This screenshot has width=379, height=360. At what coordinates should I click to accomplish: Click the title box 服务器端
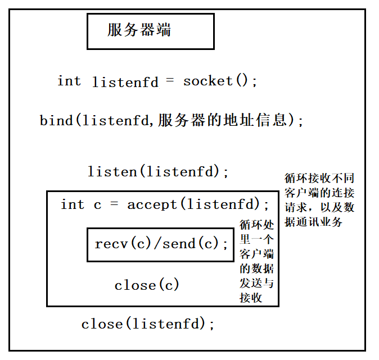pyautogui.click(x=150, y=31)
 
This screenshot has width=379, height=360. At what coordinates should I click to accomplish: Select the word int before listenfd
pyautogui.click(x=69, y=81)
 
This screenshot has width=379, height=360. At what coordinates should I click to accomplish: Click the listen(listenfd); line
pyautogui.click(x=159, y=171)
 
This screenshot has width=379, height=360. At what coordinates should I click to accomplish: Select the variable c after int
pyautogui.click(x=97, y=204)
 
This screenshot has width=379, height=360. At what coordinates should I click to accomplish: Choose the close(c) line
pyautogui.click(x=147, y=285)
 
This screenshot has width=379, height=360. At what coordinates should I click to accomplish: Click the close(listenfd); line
pyautogui.click(x=148, y=324)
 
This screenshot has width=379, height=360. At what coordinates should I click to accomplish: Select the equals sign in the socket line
pyautogui.click(x=170, y=81)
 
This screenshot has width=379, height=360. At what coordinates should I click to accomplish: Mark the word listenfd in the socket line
pyautogui.click(x=125, y=81)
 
